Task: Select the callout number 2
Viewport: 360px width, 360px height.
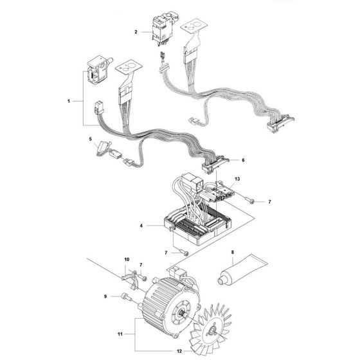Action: click(136, 31)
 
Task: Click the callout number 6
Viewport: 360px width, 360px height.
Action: click(225, 159)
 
